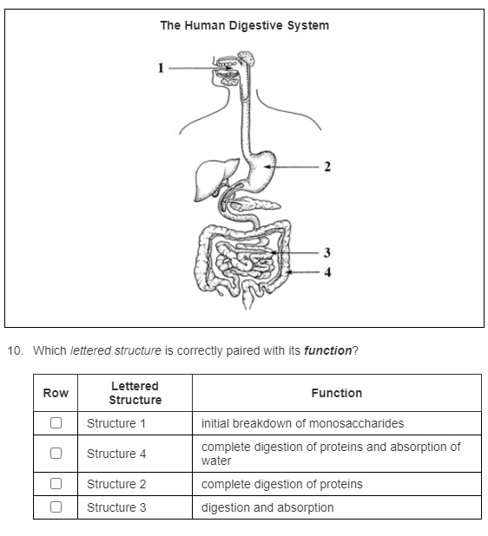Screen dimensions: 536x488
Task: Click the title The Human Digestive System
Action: coord(244,25)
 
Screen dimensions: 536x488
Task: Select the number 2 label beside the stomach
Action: coord(327,167)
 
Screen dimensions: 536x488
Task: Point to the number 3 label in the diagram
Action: coord(326,252)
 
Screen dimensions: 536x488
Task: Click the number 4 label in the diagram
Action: coord(326,271)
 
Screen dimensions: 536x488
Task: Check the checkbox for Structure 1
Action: coord(56,423)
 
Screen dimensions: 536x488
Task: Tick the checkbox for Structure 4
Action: coord(56,454)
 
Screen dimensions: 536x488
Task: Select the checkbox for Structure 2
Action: coord(56,484)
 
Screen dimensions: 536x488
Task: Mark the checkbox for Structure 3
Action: coord(56,507)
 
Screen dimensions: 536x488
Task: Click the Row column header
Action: coord(56,393)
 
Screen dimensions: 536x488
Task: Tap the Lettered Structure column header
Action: coord(135,393)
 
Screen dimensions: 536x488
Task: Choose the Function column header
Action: coord(337,393)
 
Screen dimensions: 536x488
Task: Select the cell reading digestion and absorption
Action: coord(267,507)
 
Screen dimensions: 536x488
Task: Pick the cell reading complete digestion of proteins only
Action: coord(282,484)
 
